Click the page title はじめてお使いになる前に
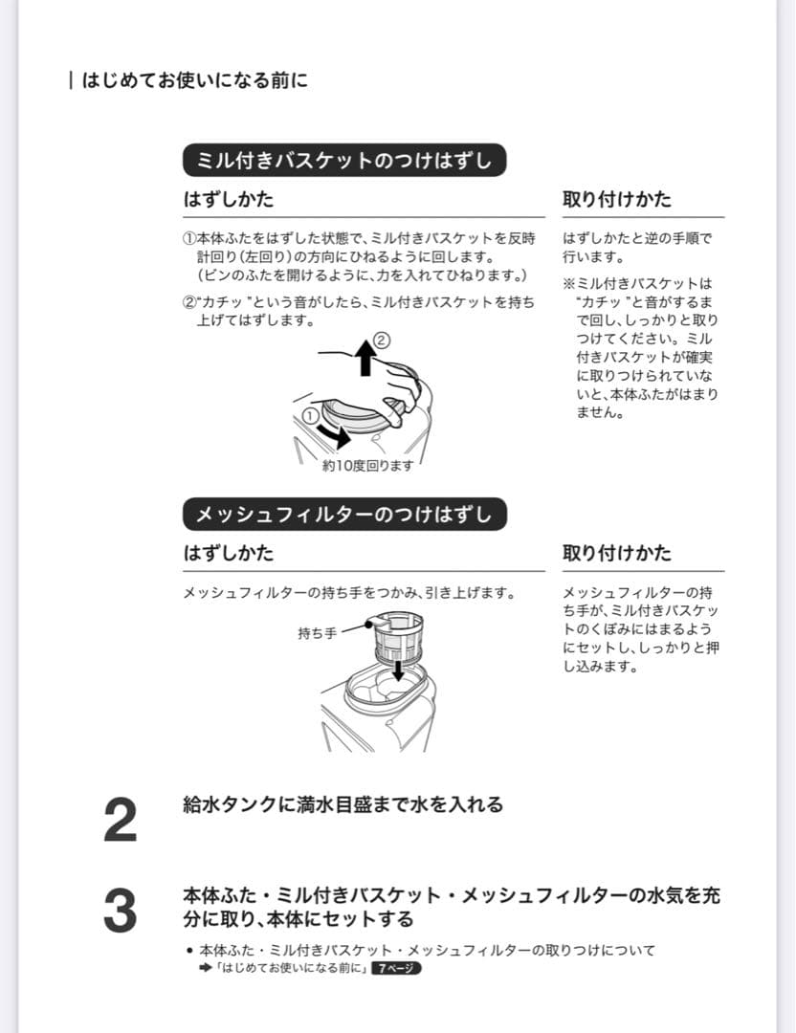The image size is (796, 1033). click(195, 80)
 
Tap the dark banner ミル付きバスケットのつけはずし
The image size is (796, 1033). click(343, 161)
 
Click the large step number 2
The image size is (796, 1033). click(120, 821)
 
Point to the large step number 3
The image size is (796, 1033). click(120, 911)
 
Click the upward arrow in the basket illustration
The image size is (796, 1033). click(365, 360)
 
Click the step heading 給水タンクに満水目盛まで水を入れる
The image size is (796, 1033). click(343, 805)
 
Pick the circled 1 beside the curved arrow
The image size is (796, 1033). click(310, 415)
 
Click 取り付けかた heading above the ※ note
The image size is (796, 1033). click(617, 200)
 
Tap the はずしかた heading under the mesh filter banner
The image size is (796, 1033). click(228, 554)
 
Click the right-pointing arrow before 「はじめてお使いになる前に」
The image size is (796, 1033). click(205, 968)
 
